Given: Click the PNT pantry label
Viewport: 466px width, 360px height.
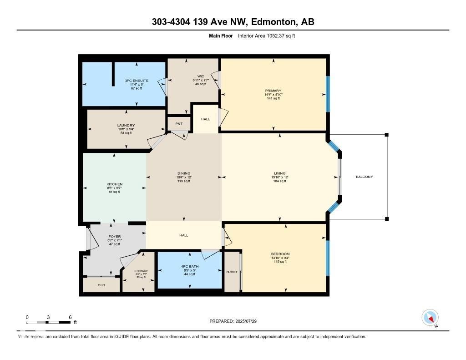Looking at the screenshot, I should [179, 123].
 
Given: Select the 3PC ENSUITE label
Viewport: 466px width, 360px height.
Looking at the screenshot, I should [137, 81].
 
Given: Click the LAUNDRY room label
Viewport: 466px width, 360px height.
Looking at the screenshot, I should [126, 125].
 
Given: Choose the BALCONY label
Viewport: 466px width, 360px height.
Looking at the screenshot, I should [364, 177].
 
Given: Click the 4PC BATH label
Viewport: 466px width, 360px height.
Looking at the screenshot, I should [189, 266].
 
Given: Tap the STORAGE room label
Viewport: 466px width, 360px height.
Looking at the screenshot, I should [141, 271].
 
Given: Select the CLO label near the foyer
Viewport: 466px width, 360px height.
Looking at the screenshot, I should [101, 285].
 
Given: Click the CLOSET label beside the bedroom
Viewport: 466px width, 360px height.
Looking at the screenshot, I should [232, 272].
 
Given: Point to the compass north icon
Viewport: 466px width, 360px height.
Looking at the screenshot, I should [430, 317].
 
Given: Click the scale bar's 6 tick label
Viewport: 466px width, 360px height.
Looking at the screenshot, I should [70, 317].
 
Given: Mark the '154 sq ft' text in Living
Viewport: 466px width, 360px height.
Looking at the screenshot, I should [280, 181].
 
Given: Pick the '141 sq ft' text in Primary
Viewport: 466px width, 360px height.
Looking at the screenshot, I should [273, 98].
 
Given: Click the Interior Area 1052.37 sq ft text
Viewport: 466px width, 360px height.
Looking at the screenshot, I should [266, 35].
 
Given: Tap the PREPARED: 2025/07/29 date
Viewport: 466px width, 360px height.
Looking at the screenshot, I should [236, 321].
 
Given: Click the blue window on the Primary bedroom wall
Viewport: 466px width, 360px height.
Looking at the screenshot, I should [327, 94].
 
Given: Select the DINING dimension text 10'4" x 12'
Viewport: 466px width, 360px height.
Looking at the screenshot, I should [184, 177].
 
